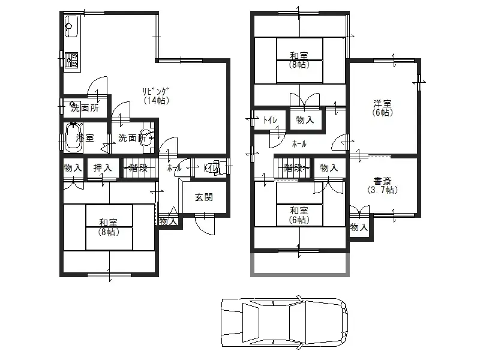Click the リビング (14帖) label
pyautogui.click(x=155, y=96)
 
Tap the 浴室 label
pyautogui.click(x=85, y=138)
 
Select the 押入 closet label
pyautogui.click(x=103, y=169)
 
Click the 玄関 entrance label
pyautogui.click(x=203, y=198)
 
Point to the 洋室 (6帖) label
pyautogui.click(x=383, y=107)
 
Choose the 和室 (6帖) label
pyautogui.click(x=299, y=215)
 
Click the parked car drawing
pyautogui.click(x=284, y=322)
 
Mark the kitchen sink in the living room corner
pyautogui.click(x=71, y=27)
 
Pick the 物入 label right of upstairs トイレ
pyautogui.click(x=305, y=120)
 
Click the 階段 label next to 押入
pyautogui.click(x=139, y=169)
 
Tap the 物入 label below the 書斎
pyautogui.click(x=359, y=228)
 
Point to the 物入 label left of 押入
pyautogui.click(x=73, y=169)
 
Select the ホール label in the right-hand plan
pyautogui.click(x=299, y=144)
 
